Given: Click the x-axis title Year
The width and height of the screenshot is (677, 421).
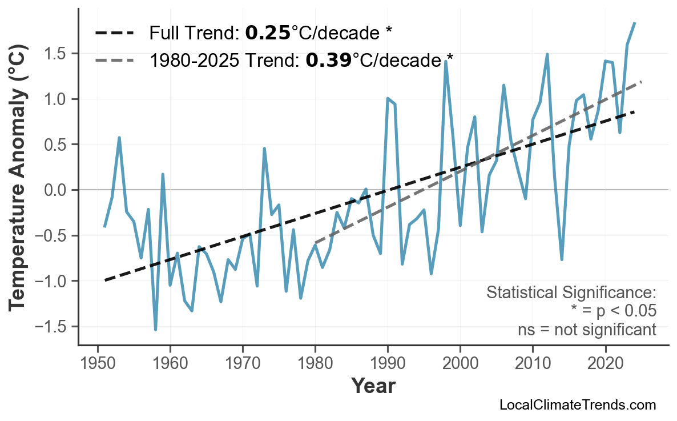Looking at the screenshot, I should click(373, 386).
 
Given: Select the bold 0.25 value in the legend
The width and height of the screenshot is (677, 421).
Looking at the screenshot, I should click(268, 33).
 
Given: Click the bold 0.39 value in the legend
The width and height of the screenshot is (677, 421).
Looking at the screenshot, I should click(328, 59).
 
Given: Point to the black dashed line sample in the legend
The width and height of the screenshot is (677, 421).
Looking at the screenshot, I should click(114, 33).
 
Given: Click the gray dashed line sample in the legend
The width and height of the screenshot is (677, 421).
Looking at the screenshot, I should click(114, 59).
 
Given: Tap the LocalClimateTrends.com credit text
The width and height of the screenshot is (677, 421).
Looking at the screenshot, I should click(577, 405).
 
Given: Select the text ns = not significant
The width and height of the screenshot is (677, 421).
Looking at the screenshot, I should click(586, 330).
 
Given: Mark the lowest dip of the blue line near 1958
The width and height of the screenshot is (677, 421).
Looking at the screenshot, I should click(155, 330).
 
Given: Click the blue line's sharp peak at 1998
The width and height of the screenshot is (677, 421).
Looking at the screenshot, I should click(445, 61).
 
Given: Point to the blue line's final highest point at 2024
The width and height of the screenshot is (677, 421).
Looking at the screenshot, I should click(634, 23).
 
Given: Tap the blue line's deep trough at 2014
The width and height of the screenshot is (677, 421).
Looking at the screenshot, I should click(562, 259).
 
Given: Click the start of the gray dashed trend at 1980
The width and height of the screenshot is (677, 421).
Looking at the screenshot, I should click(316, 243).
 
